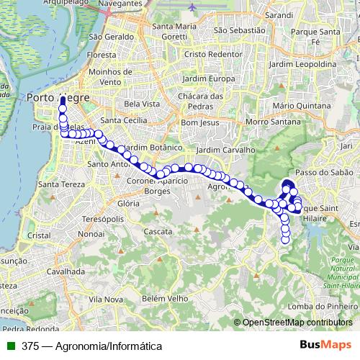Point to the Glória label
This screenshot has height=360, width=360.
[x=127, y=204]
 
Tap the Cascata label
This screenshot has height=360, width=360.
[x=158, y=232]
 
